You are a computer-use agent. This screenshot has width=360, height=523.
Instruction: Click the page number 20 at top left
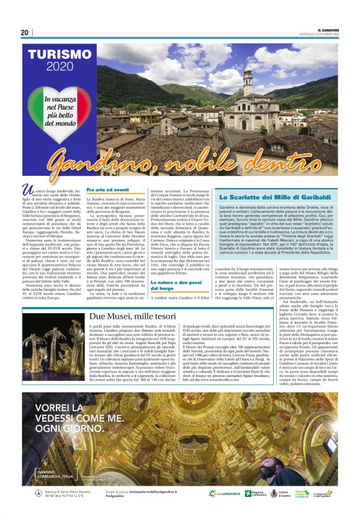click(x=25, y=32)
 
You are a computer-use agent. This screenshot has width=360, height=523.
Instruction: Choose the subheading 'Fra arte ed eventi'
click(x=108, y=189)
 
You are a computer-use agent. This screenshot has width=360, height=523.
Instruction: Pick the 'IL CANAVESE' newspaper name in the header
click(x=328, y=29)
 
